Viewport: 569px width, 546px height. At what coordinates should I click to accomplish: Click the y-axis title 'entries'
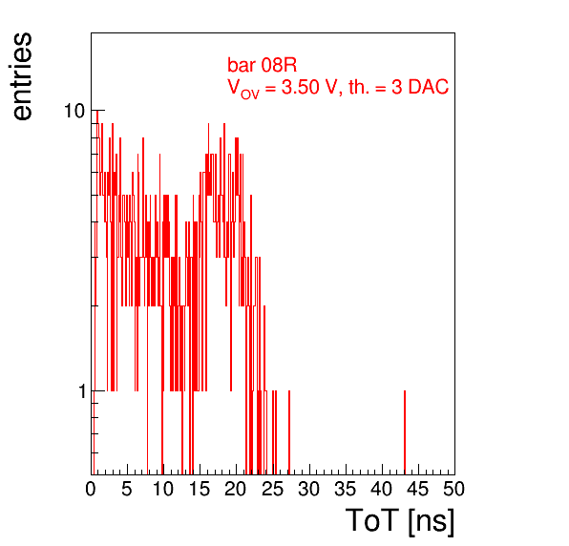(x=22, y=76)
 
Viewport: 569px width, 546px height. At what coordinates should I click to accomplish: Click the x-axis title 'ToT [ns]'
(x=400, y=521)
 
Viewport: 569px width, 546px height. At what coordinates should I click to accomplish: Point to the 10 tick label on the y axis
(x=74, y=111)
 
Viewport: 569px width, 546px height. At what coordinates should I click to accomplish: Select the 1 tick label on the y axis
(x=82, y=391)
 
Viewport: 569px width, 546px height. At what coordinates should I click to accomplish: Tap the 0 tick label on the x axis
(x=91, y=489)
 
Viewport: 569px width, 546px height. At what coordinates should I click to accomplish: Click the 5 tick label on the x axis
(x=127, y=489)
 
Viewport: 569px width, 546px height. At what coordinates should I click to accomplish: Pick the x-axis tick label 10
(x=163, y=489)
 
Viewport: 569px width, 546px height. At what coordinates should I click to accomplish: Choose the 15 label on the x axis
(x=200, y=489)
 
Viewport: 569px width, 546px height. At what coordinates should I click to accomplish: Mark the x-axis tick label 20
(x=236, y=489)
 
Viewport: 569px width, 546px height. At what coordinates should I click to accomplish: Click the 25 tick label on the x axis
(x=272, y=489)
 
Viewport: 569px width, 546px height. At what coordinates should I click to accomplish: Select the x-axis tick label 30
(x=308, y=489)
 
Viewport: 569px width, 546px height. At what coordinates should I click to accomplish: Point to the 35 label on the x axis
(x=345, y=489)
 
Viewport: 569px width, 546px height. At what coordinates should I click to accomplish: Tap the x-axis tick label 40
(x=382, y=489)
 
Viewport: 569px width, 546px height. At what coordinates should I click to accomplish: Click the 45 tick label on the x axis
(x=418, y=489)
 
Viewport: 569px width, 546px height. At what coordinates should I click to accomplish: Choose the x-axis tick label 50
(x=454, y=489)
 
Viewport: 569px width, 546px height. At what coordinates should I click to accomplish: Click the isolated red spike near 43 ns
(x=405, y=432)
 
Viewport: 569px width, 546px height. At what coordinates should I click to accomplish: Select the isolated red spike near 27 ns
(x=289, y=432)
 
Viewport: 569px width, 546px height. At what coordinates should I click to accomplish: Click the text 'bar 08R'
(x=262, y=65)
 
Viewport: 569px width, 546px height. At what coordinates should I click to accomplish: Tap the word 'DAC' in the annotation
(x=429, y=87)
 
